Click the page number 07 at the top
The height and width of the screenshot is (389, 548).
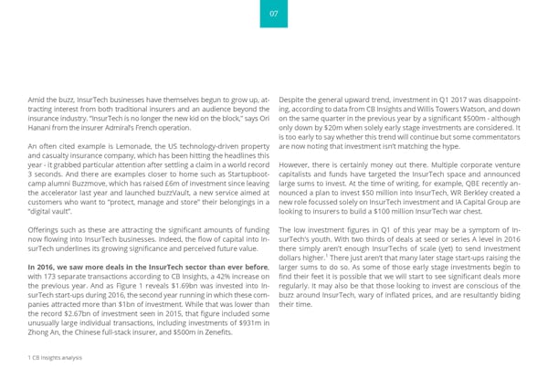point(273,13)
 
